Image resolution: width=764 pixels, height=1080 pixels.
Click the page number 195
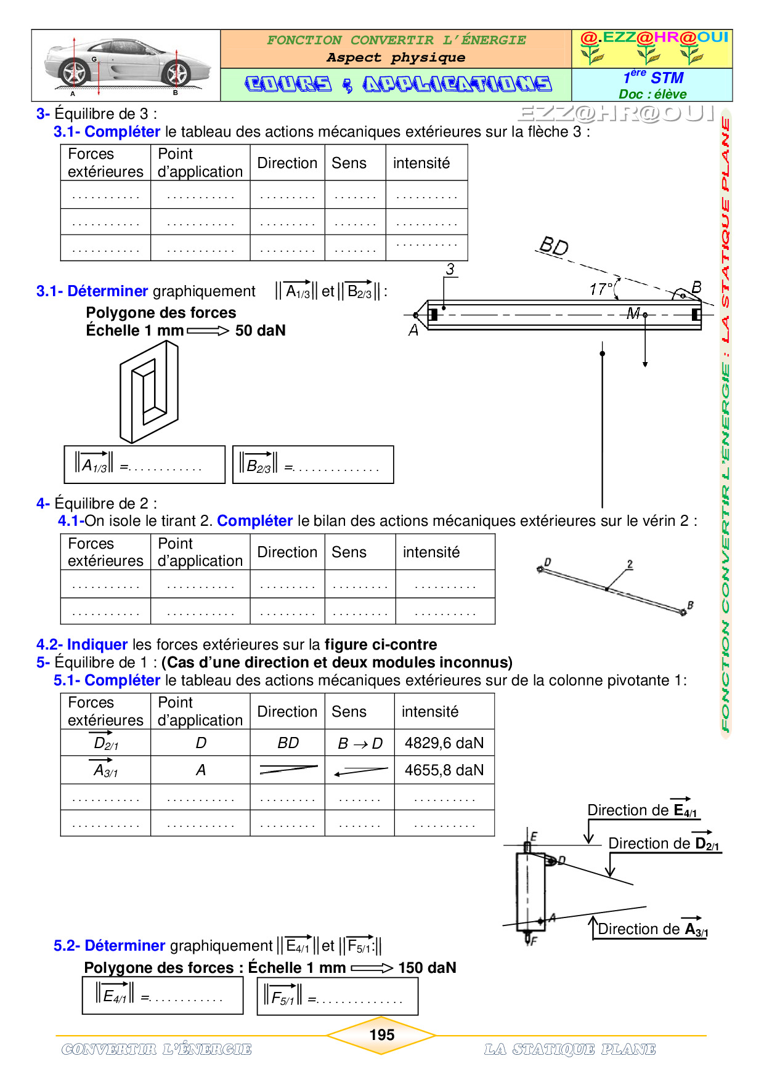381,1034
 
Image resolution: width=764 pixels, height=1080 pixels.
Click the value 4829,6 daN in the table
444,743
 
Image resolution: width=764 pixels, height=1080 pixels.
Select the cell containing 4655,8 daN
444,770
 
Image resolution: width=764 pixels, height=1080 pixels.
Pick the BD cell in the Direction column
288,743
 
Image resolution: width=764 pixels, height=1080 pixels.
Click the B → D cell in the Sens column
360,744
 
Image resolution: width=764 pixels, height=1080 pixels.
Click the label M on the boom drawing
632,313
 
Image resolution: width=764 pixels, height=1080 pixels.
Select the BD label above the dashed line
553,246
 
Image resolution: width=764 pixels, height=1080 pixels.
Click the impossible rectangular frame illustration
149,392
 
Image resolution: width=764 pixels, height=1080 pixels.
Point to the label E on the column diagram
534,836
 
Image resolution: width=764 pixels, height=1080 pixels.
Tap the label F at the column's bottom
534,941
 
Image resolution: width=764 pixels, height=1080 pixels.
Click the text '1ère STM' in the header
653,78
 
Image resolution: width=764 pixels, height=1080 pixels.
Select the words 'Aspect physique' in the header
396,58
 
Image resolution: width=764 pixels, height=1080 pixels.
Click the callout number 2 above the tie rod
630,564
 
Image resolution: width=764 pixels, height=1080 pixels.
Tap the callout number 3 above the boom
450,269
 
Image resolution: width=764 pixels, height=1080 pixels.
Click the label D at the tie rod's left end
547,562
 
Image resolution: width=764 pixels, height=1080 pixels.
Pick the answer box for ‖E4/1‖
163,996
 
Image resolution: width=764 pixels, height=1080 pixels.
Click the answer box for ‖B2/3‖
313,465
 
